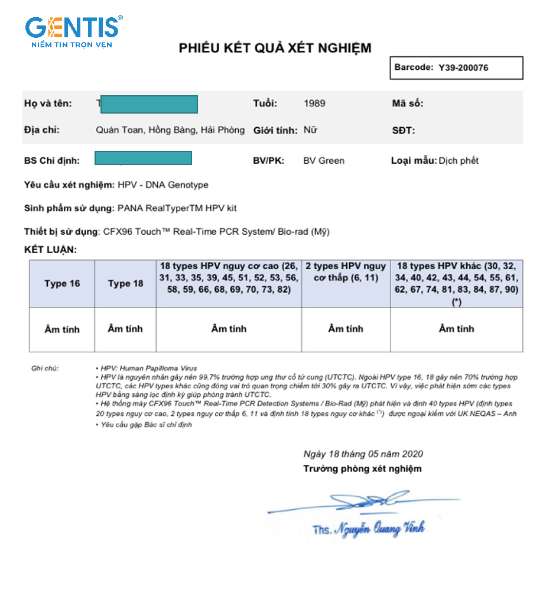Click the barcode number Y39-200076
[x=463, y=67]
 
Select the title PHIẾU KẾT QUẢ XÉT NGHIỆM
[x=275, y=48]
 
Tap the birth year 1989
[x=314, y=104]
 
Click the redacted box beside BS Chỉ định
[x=143, y=158]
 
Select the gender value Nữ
[x=310, y=130]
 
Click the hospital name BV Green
[x=323, y=160]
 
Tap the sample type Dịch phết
[x=459, y=160]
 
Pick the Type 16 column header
[x=62, y=283]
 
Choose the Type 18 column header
[x=125, y=283]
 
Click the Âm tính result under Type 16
[x=62, y=329]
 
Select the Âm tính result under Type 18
[x=125, y=329]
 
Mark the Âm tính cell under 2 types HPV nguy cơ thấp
[x=346, y=329]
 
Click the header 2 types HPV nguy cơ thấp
[x=346, y=272]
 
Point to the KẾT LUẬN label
[x=50, y=250]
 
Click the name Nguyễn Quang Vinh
[x=378, y=528]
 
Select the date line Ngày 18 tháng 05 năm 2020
[x=363, y=454]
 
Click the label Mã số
[x=408, y=104]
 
